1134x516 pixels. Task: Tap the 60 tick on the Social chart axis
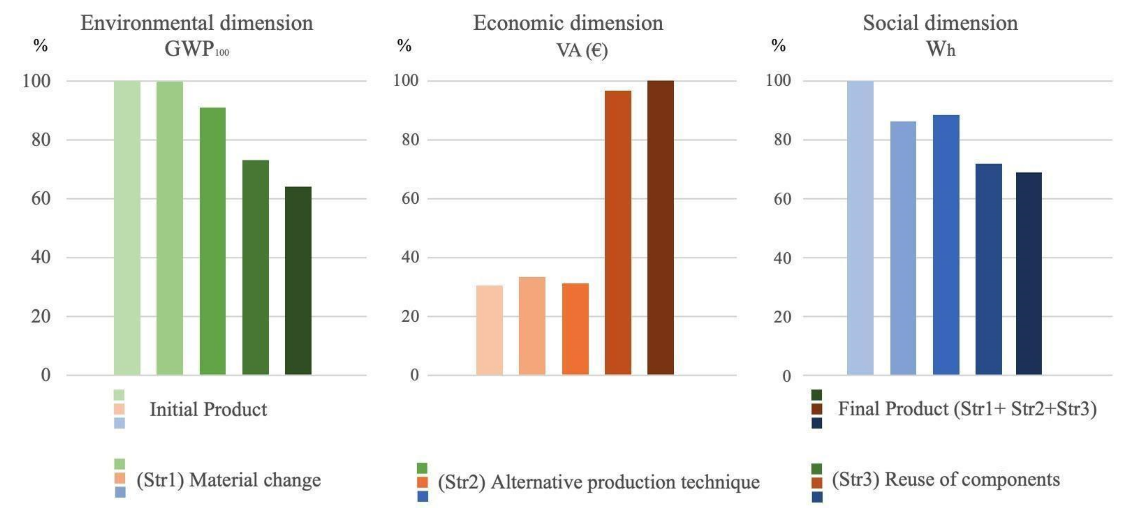782,199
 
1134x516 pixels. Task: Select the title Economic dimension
568,23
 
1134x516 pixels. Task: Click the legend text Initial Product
208,409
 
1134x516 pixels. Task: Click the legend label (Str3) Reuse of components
946,479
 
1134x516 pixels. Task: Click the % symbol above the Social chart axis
778,45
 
